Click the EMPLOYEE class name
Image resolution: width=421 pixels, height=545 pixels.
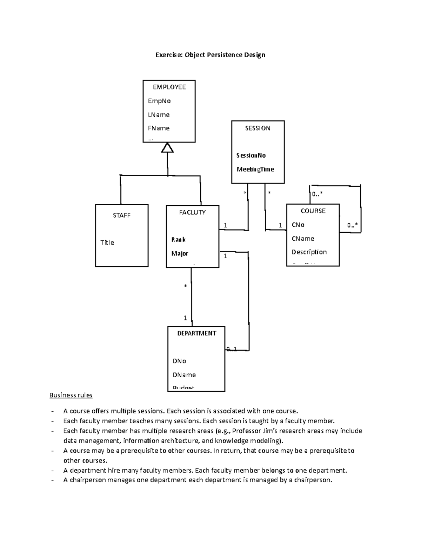[169, 87]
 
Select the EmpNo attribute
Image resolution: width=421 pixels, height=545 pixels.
[159, 101]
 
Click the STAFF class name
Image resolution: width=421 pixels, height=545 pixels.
[121, 215]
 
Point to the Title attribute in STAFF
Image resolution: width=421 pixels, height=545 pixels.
[107, 242]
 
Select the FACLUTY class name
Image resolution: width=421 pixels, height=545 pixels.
[192, 212]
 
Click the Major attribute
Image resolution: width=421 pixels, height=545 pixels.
[180, 253]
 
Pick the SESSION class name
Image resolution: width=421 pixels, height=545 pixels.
[258, 128]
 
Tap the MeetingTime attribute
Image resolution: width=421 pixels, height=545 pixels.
[255, 169]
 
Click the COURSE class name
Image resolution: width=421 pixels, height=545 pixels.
[313, 211]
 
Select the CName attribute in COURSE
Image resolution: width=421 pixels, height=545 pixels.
[303, 239]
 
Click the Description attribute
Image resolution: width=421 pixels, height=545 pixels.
[309, 252]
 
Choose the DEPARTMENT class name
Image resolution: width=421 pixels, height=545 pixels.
[196, 333]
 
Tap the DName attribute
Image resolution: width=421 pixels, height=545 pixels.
[184, 375]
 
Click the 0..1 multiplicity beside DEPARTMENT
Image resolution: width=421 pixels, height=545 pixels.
[232, 349]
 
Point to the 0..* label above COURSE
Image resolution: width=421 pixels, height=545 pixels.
[317, 194]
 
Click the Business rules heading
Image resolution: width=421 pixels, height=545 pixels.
[71, 395]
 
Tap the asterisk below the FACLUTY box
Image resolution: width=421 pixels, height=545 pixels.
[186, 286]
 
